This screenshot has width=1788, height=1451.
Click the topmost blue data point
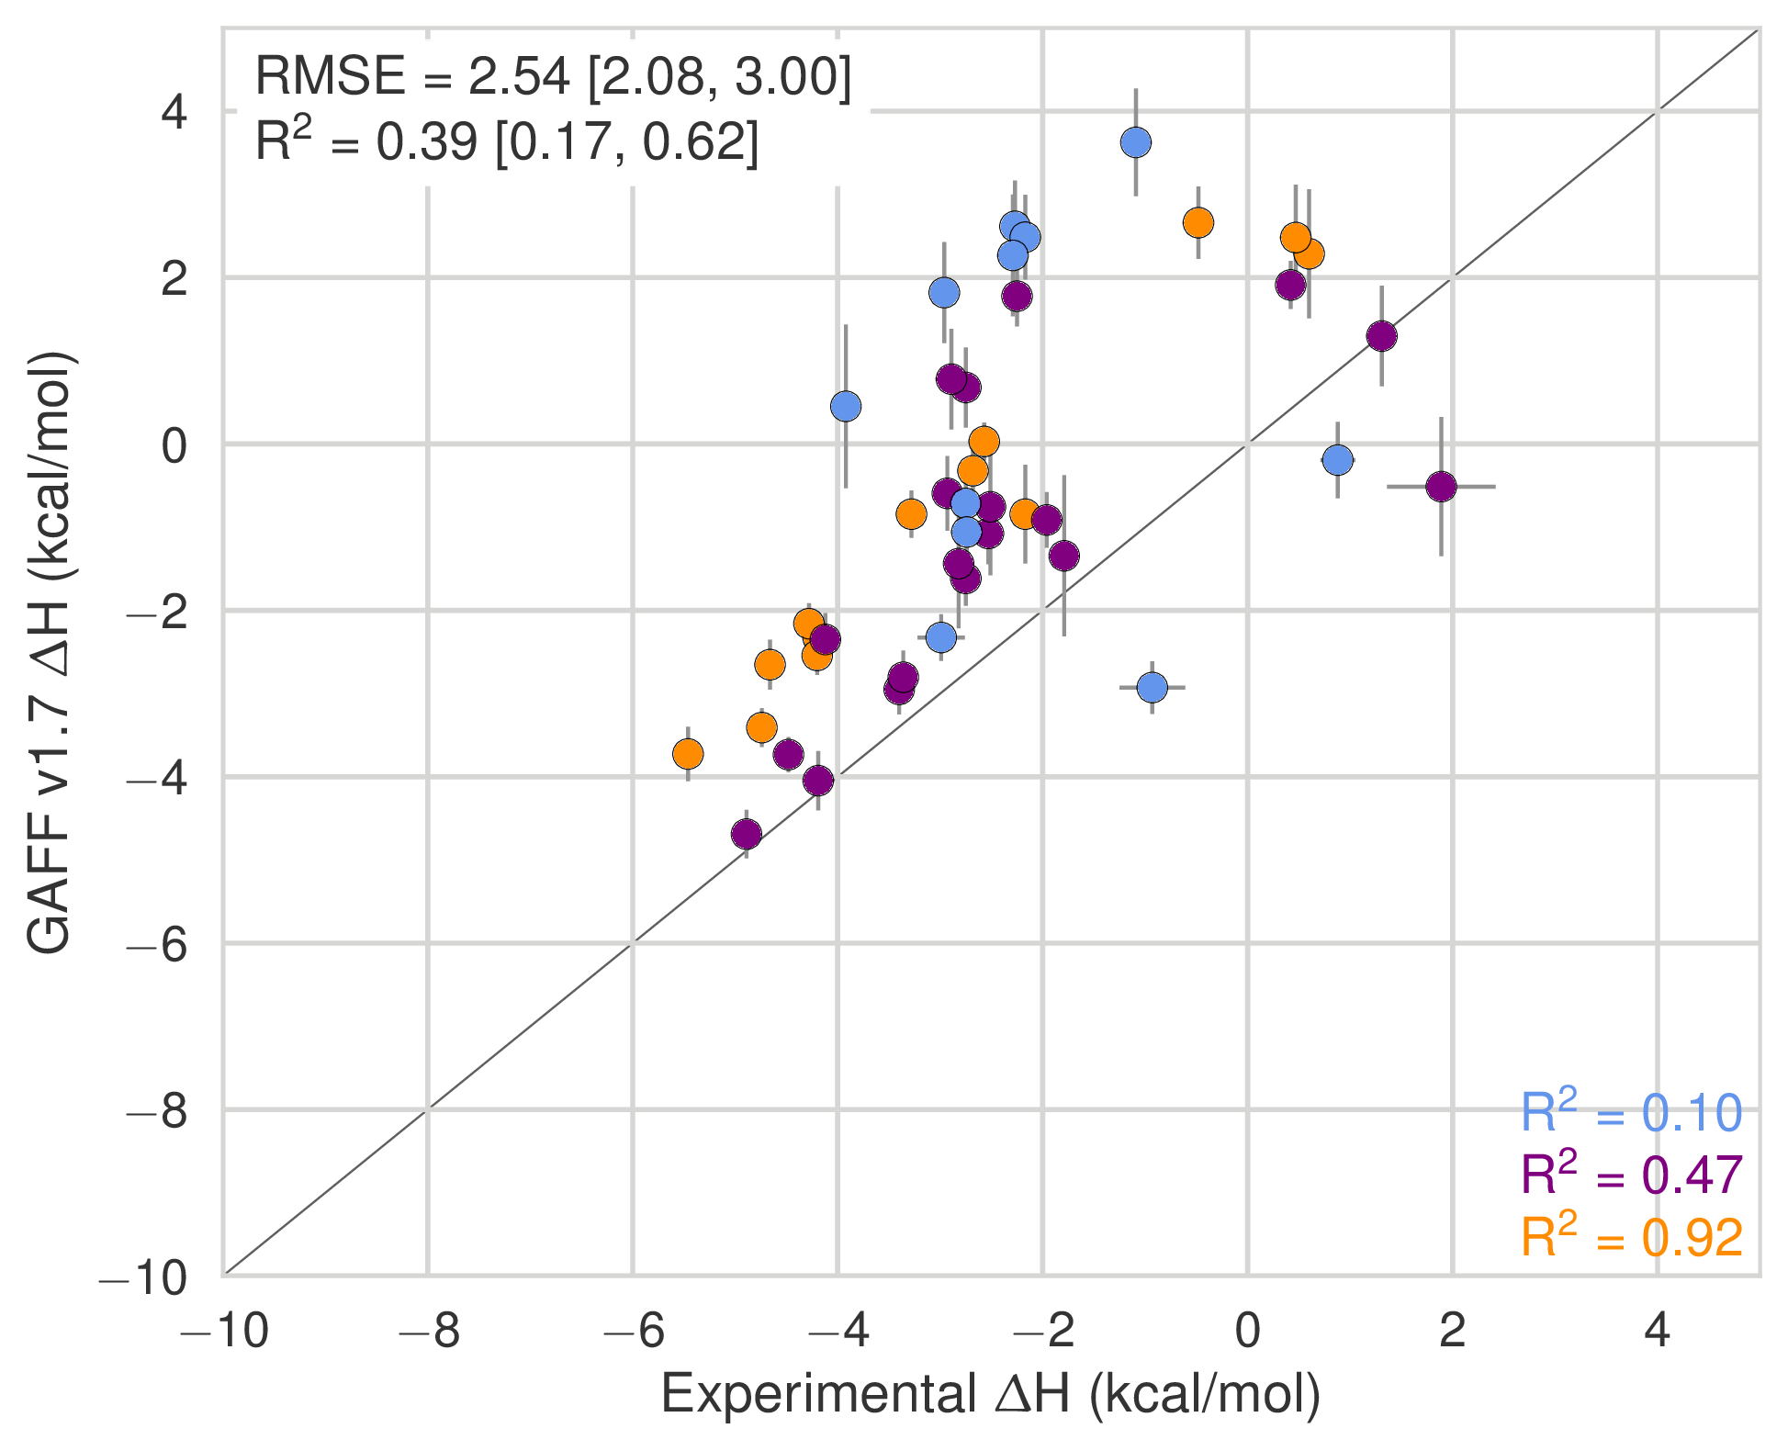[x=1136, y=142]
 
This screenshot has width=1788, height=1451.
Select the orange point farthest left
[x=688, y=755]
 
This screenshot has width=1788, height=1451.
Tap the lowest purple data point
[x=747, y=835]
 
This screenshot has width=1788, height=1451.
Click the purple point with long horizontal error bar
[x=1441, y=486]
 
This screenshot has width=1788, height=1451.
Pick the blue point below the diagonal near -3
[x=1152, y=687]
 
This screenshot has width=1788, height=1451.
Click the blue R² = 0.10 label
[x=1631, y=1113]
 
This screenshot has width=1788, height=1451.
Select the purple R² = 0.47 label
[x=1631, y=1175]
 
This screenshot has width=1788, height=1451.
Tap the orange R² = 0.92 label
[x=1631, y=1238]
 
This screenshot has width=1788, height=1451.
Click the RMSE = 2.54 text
[x=553, y=76]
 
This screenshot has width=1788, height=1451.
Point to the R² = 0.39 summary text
[x=506, y=142]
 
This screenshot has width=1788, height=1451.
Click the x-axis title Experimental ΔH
[x=990, y=1394]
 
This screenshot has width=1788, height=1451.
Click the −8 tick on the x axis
[x=428, y=1331]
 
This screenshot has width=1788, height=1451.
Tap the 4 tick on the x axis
[x=1657, y=1331]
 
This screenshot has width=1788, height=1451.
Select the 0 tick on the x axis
[x=1247, y=1331]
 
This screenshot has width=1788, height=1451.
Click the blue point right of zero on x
[x=1338, y=460]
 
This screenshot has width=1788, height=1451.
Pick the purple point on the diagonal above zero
[x=1381, y=336]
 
